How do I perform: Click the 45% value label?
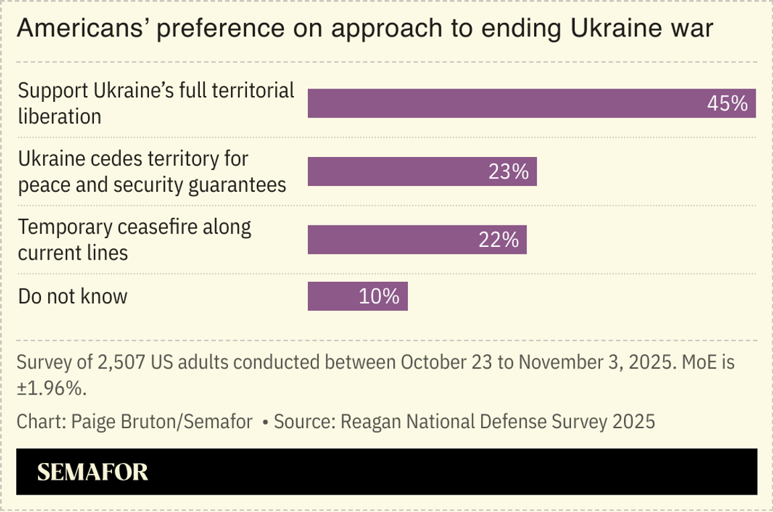point(727,103)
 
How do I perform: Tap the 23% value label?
point(508,172)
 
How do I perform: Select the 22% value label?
point(499,240)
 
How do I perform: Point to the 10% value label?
point(379,296)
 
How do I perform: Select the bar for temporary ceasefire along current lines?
point(389,240)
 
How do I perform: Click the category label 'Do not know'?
point(72,296)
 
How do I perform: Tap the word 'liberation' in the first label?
point(60,116)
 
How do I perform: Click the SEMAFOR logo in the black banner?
point(93,472)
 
